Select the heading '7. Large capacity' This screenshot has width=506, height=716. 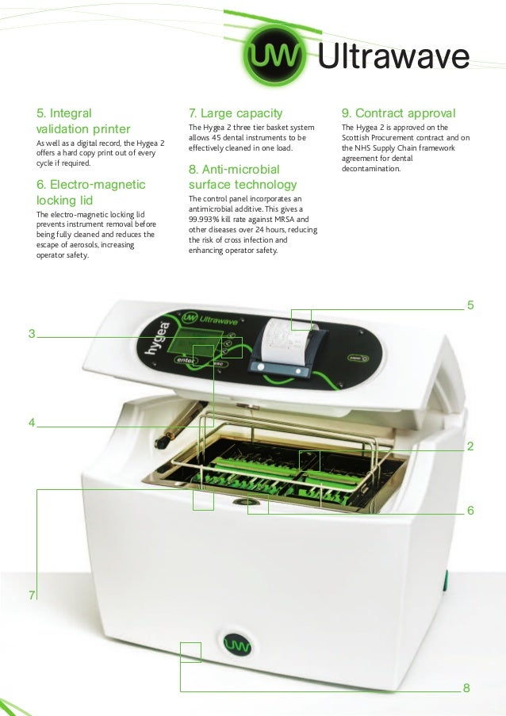pos(235,113)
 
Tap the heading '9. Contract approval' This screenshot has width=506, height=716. pos(397,113)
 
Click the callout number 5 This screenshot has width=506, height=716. pos(470,304)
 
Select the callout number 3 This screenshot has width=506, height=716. pos(32,334)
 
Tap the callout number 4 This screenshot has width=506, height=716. pos(32,423)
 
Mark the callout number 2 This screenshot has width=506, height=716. pos(470,447)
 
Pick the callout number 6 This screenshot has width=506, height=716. pos(470,511)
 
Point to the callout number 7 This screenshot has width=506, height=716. pos(32,595)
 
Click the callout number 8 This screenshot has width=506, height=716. pos(466,687)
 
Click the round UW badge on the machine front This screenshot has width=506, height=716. pos(236,645)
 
